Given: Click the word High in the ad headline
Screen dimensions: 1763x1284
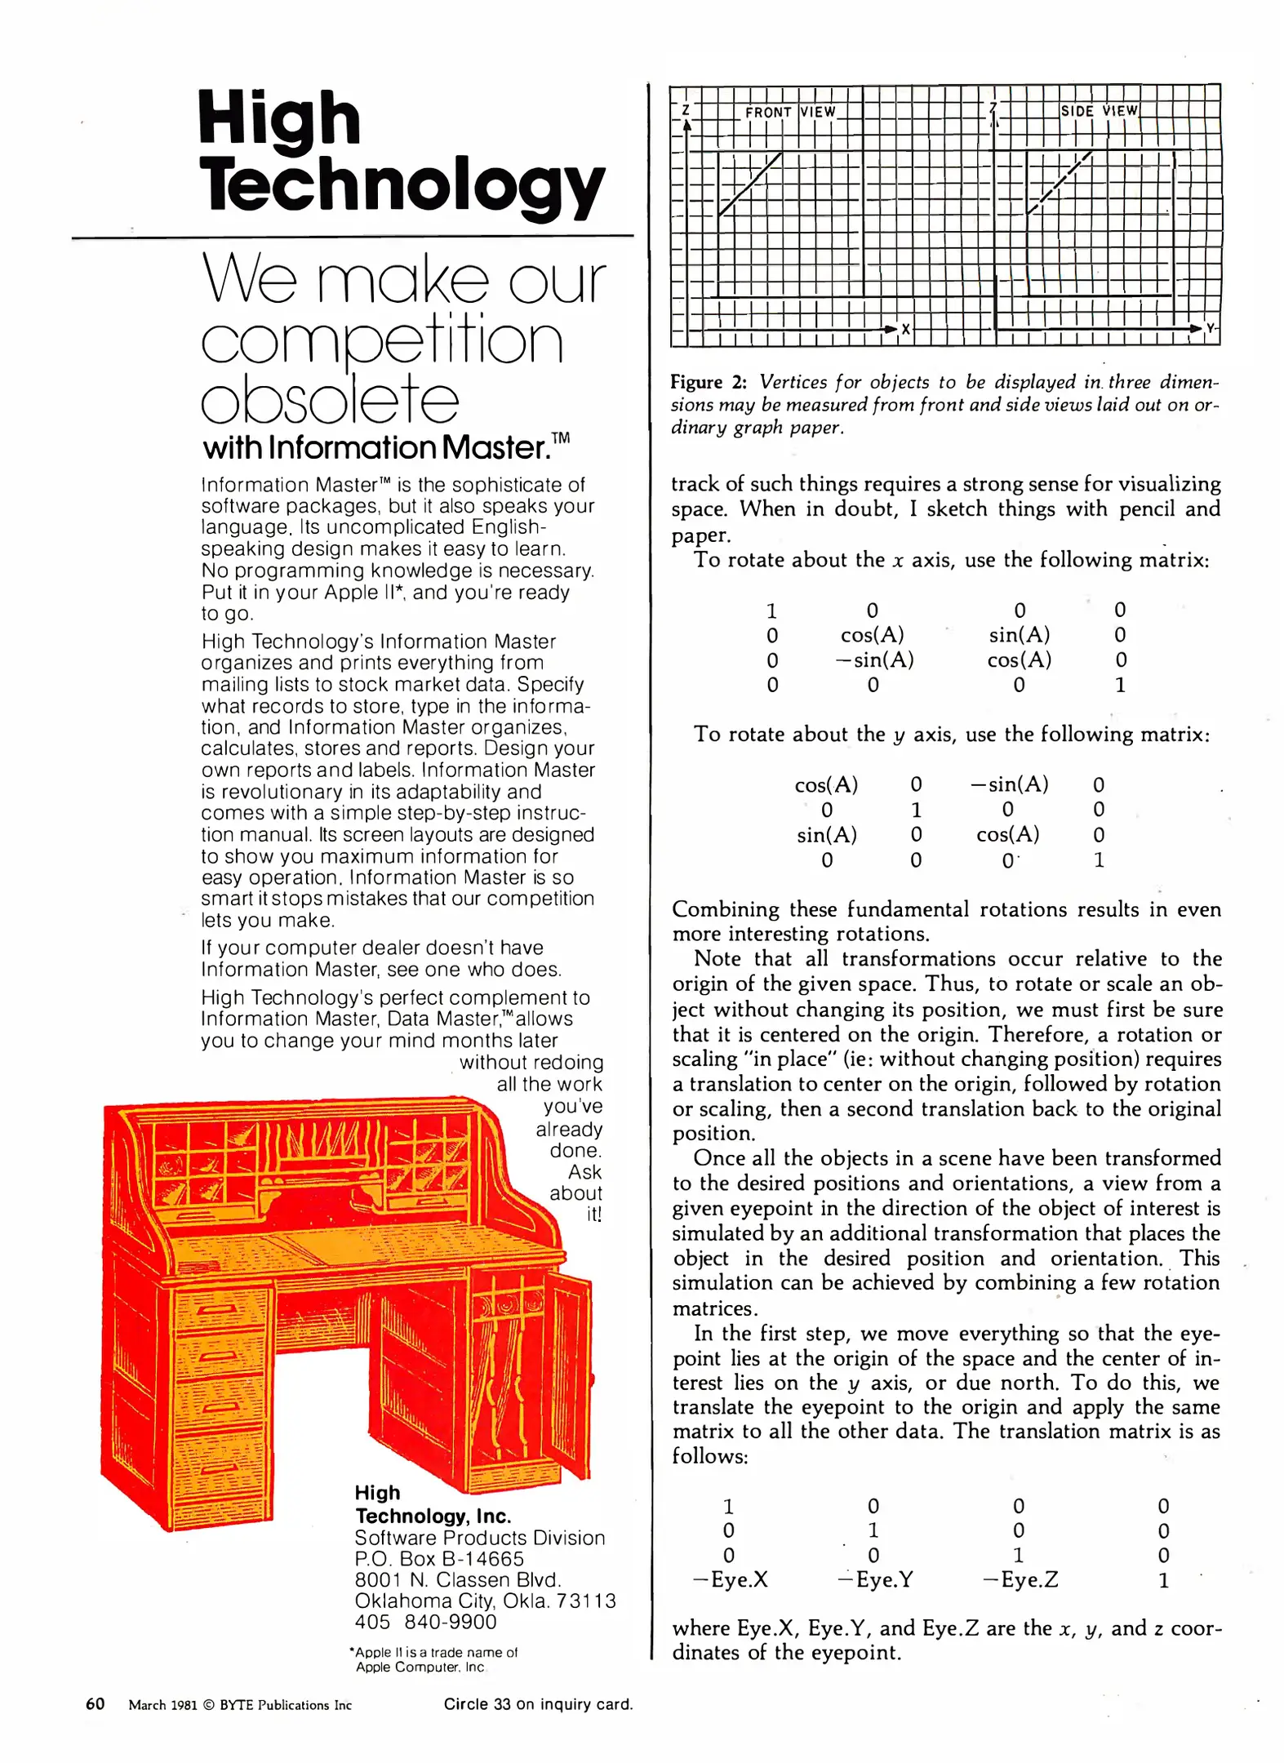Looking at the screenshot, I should (278, 121).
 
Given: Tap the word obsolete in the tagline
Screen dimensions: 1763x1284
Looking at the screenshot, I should (330, 400).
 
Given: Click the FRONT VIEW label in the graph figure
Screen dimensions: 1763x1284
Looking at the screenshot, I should (789, 113).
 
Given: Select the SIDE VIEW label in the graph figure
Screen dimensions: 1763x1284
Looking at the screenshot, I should (1099, 111).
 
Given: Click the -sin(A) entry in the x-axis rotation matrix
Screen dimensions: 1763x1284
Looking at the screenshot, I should (873, 659).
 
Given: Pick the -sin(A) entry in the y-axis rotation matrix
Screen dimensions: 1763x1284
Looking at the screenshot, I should (1009, 784).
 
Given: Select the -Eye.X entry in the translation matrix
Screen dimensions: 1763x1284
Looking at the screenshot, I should (730, 1580).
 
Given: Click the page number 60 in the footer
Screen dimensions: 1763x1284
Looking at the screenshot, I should (96, 1703).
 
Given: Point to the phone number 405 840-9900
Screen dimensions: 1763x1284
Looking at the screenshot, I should (425, 1622).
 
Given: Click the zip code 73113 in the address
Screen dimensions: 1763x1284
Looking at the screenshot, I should (586, 1601).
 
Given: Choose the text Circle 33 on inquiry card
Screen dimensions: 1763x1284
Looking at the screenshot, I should (538, 1704).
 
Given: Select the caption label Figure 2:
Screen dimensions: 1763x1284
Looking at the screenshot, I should (709, 382).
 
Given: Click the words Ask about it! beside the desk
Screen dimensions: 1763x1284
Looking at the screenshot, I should (578, 1192).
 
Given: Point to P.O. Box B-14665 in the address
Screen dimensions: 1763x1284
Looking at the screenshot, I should (439, 1558).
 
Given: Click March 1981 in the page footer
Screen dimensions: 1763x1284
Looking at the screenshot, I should (162, 1705).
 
